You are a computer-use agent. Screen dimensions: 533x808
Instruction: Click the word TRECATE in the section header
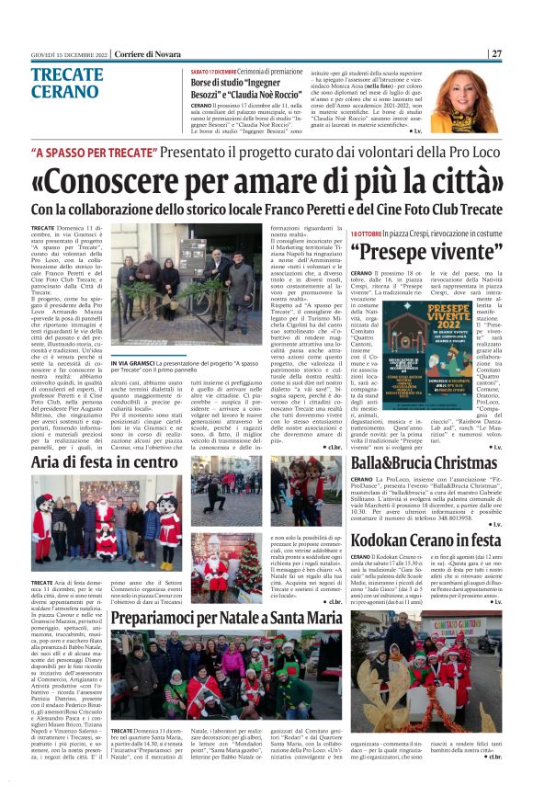[66, 73]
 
